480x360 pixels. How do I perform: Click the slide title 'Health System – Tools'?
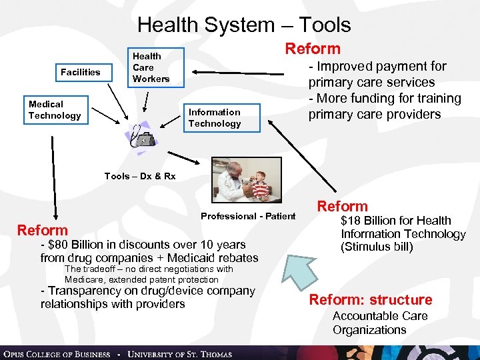tap(244, 25)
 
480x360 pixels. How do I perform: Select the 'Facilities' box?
tap(80, 72)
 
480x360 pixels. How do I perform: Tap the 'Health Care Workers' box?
tap(151, 67)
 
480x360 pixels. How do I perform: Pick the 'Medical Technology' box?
tap(54, 110)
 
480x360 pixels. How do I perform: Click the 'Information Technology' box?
tap(214, 118)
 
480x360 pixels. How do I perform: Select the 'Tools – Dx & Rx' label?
tap(140, 176)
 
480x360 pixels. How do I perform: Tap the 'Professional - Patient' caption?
tap(248, 216)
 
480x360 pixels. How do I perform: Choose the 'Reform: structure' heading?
tap(371, 299)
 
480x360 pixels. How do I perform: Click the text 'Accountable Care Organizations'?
tap(379, 323)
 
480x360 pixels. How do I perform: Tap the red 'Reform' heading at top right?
tap(313, 49)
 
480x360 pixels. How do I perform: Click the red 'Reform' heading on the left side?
tap(43, 231)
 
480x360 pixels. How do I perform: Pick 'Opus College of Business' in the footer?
tap(57, 353)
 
